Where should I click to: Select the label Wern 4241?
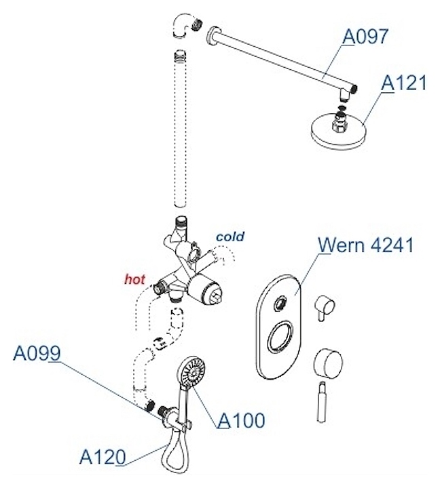pyautogui.click(x=366, y=245)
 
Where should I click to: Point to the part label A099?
pyautogui.click(x=38, y=353)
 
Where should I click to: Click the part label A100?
pyautogui.click(x=241, y=420)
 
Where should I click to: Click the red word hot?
pyautogui.click(x=134, y=279)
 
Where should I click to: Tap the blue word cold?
pyautogui.click(x=230, y=237)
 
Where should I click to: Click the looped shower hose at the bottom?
pyautogui.click(x=173, y=455)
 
